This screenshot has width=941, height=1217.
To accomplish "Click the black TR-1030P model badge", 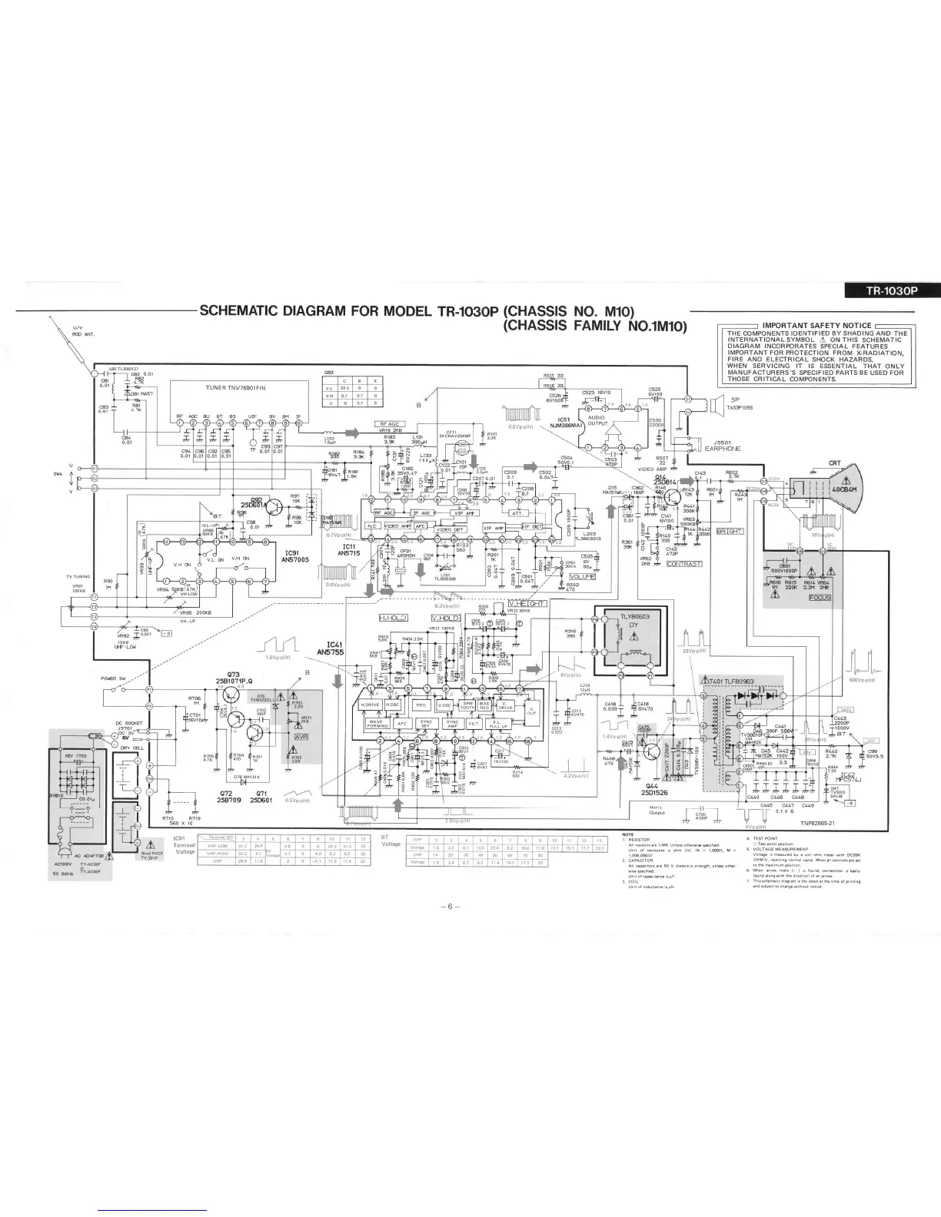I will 891,290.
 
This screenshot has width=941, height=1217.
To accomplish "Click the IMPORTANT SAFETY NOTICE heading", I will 816,325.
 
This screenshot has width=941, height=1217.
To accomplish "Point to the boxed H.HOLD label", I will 393,617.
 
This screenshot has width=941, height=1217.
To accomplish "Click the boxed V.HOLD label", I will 444,617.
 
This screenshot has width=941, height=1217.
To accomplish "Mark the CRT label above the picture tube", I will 835,463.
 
